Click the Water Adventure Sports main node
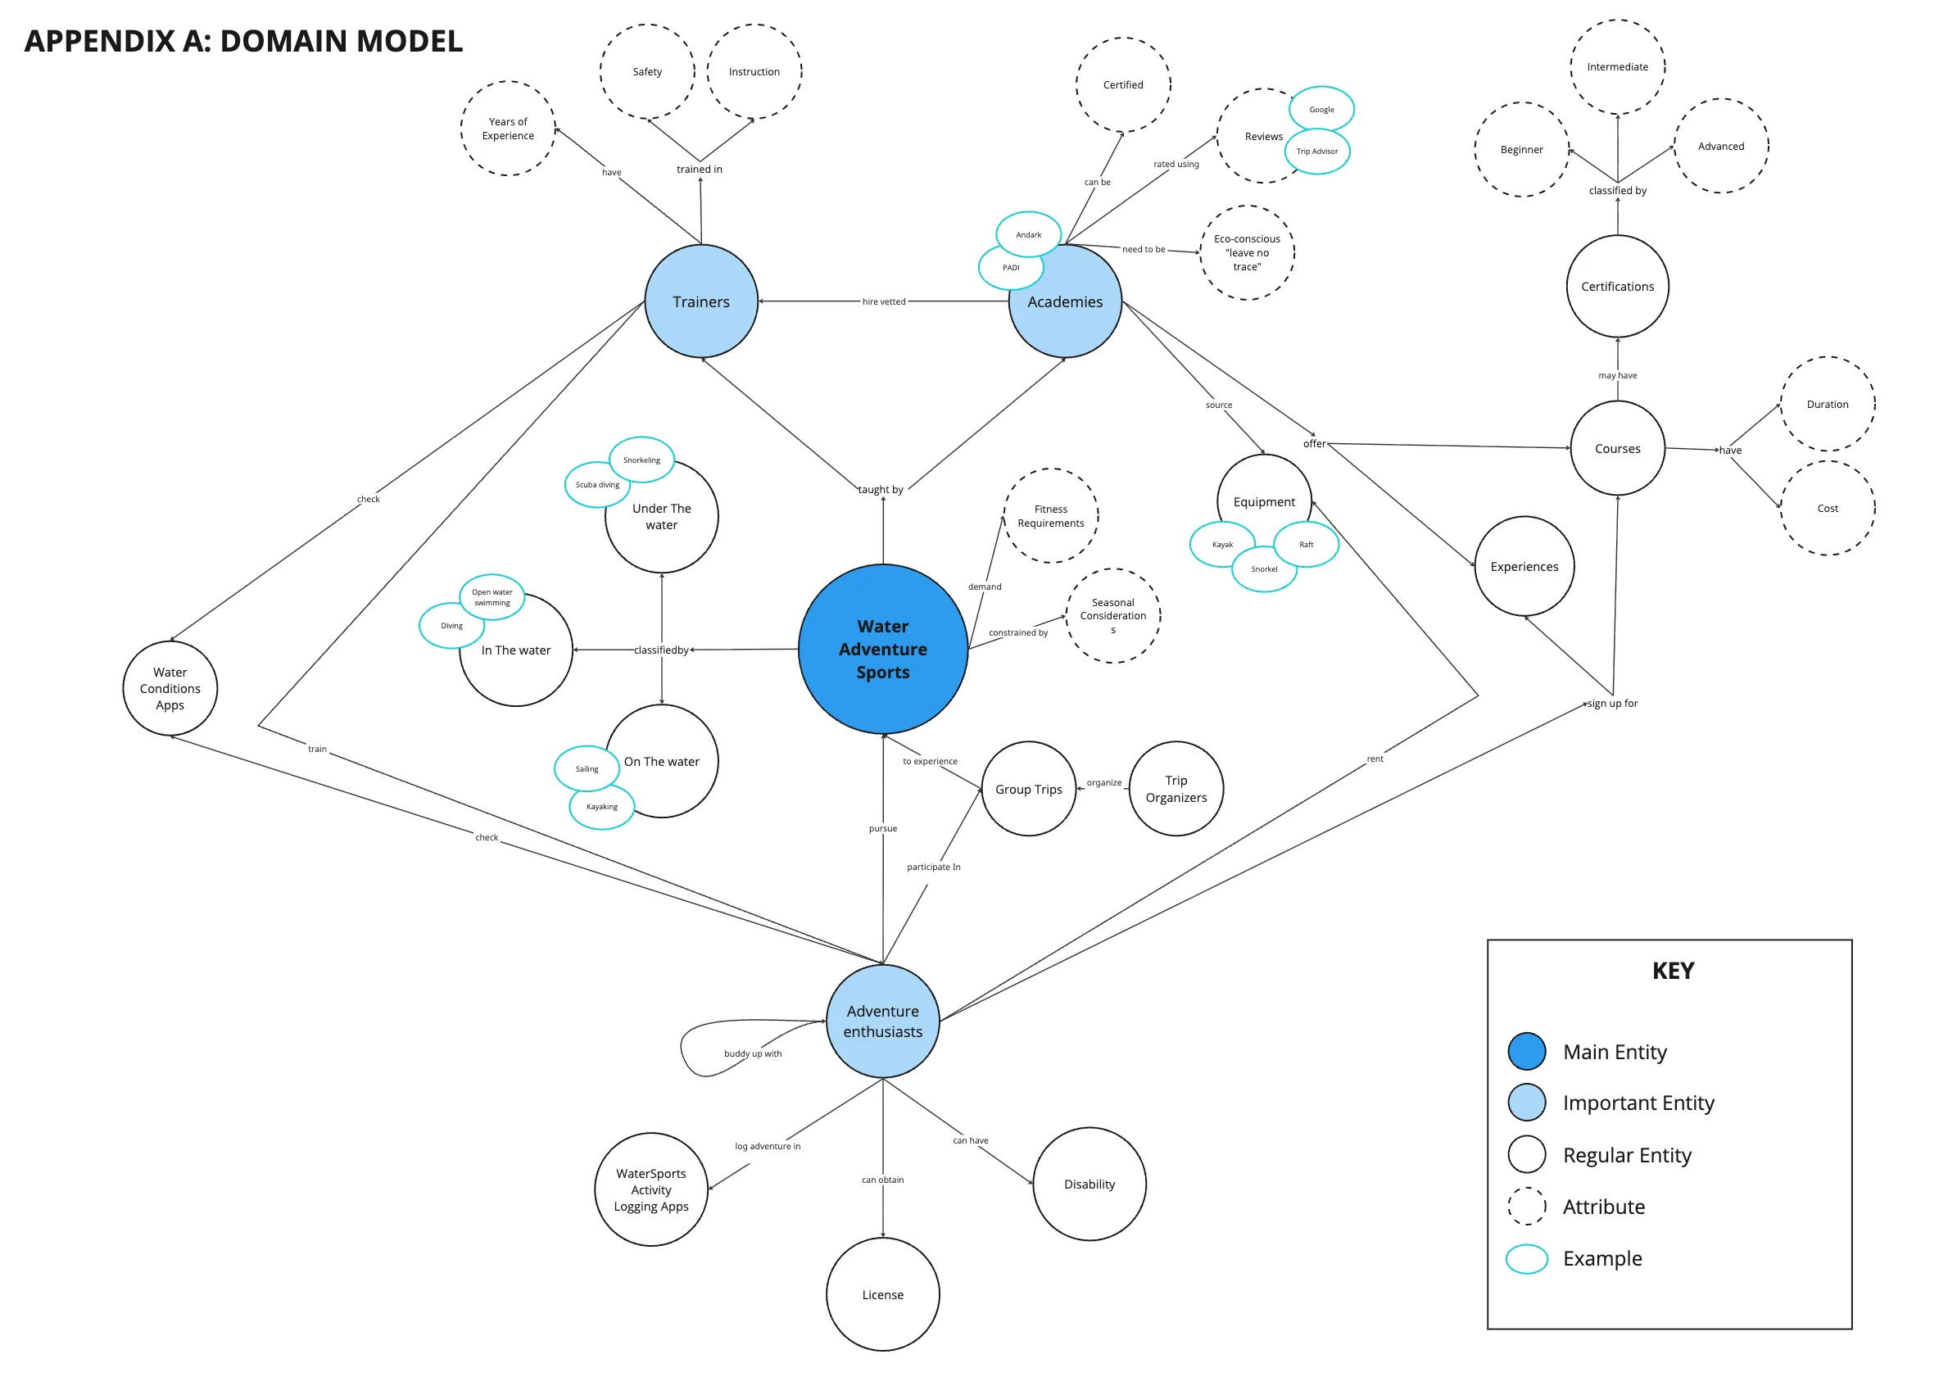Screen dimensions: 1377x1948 pyautogui.click(x=882, y=649)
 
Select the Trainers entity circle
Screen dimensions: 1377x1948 pyautogui.click(x=701, y=301)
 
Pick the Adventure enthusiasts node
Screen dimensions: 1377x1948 pyautogui.click(x=882, y=1021)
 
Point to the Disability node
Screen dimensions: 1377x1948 pyautogui.click(x=1090, y=1184)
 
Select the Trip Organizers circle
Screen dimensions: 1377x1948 pyautogui.click(x=1176, y=788)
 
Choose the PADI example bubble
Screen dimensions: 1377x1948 pyautogui.click(x=1011, y=267)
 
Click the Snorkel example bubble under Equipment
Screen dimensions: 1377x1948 pyautogui.click(x=1263, y=569)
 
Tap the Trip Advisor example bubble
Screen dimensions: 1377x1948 pyautogui.click(x=1316, y=151)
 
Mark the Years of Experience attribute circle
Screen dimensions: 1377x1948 pyautogui.click(x=507, y=128)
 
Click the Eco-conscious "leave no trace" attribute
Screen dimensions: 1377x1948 pyautogui.click(x=1246, y=252)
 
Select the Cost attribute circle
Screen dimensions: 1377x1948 pyautogui.click(x=1828, y=508)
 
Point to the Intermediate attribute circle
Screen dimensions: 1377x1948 pyautogui.click(x=1617, y=66)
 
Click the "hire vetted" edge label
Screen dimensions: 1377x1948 pyautogui.click(x=883, y=301)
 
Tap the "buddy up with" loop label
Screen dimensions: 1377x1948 pyautogui.click(x=753, y=1053)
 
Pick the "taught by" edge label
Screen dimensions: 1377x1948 pyautogui.click(x=881, y=490)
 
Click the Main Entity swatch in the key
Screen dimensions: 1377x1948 pyautogui.click(x=1526, y=1051)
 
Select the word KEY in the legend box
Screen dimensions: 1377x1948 pyautogui.click(x=1672, y=971)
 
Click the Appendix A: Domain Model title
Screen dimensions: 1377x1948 pyautogui.click(x=243, y=41)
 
